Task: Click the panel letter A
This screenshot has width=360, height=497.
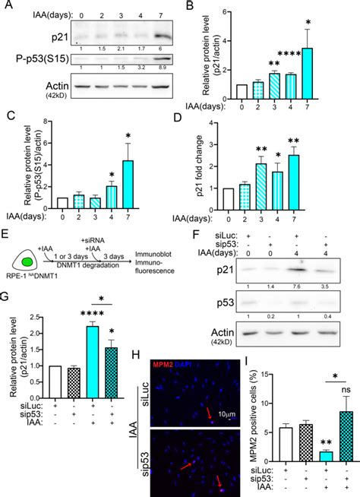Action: pos(7,7)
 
